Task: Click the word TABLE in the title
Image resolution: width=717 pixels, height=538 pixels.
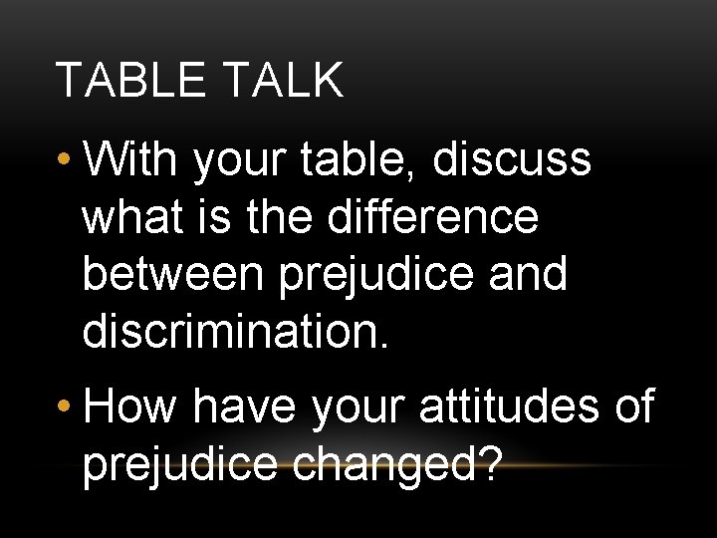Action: coord(126,81)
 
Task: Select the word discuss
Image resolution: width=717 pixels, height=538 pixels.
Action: coord(513,159)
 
